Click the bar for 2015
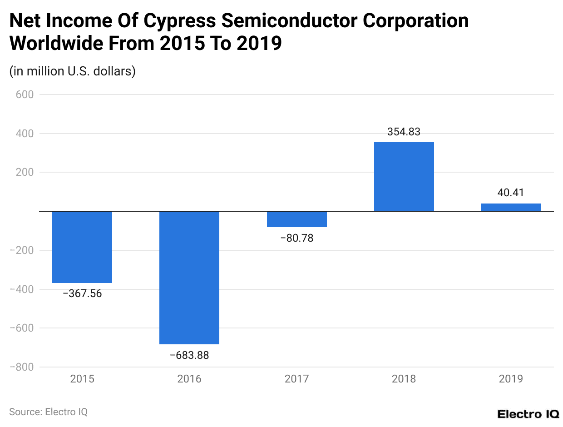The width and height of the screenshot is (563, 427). pos(82,247)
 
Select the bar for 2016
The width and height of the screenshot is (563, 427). pos(189,278)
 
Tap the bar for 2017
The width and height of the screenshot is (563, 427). pos(297,219)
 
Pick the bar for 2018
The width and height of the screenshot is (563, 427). pos(404,177)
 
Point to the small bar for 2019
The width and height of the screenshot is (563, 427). pos(511,207)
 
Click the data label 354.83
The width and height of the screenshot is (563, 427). pos(404,132)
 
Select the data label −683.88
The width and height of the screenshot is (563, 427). pos(189,355)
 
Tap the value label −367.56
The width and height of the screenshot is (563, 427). pos(82,293)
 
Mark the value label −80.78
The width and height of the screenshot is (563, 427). pos(297,238)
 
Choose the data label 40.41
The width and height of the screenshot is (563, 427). pos(511,193)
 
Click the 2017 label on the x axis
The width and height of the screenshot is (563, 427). pos(297,379)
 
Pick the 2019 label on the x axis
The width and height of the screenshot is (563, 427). pos(511,379)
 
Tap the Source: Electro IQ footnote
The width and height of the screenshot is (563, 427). pos(49,412)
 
